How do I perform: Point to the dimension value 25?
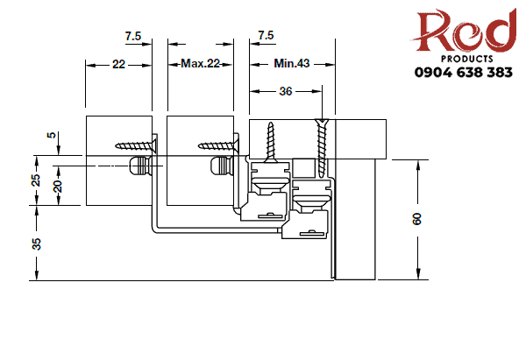click(x=36, y=180)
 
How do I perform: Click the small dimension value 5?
click(x=51, y=136)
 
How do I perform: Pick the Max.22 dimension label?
click(x=199, y=64)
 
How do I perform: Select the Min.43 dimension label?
click(x=291, y=64)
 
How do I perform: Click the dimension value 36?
click(x=286, y=90)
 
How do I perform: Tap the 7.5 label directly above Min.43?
click(x=265, y=35)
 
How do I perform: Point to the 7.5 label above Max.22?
click(x=133, y=35)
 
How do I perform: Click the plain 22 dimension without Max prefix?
click(x=118, y=64)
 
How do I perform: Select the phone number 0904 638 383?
click(x=464, y=73)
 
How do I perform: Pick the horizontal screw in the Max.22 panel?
click(x=218, y=142)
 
